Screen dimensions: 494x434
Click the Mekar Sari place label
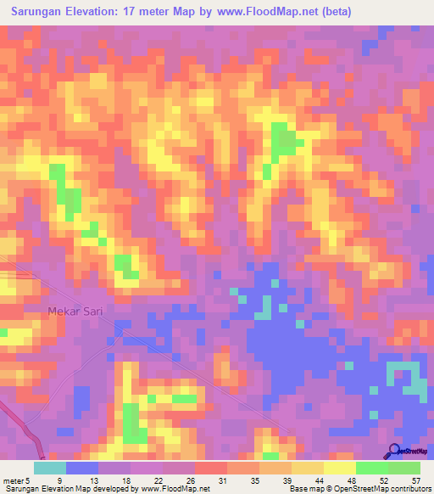tap(75, 312)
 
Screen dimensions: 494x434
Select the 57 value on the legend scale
tap(415, 480)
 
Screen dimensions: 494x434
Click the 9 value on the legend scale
tap(59, 480)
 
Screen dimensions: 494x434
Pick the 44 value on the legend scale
tap(319, 480)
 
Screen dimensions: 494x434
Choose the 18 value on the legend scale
tap(125, 480)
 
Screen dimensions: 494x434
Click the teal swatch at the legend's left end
tap(49, 468)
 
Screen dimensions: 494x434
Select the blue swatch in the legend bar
tap(81, 468)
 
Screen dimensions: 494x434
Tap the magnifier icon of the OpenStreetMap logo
tap(394, 451)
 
